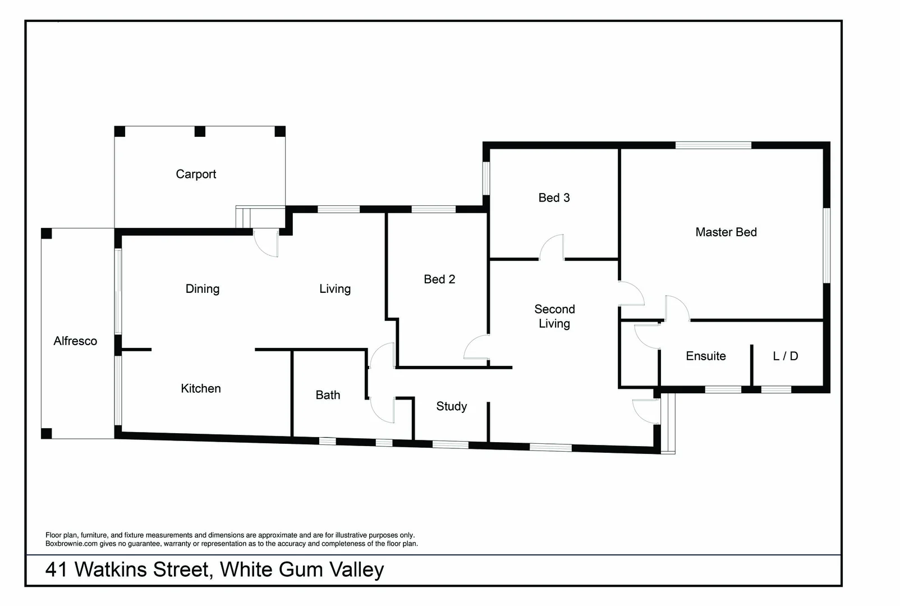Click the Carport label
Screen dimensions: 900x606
pos(196,175)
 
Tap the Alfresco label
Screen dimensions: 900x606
pos(75,341)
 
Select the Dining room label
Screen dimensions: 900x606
pos(203,289)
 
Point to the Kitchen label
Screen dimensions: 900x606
pos(201,388)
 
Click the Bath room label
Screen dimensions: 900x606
pos(328,395)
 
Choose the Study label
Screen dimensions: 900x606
pos(452,406)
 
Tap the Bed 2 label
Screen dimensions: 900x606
pos(439,279)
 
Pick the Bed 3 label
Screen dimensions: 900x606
pos(554,198)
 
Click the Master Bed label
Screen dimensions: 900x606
pos(726,232)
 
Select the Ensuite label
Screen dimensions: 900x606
pos(706,356)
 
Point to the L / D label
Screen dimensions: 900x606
pos(786,356)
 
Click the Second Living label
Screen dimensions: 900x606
pos(554,316)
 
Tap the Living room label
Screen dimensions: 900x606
pos(335,289)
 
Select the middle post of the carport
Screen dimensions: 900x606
pos(200,132)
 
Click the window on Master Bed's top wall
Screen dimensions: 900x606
pos(713,145)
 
